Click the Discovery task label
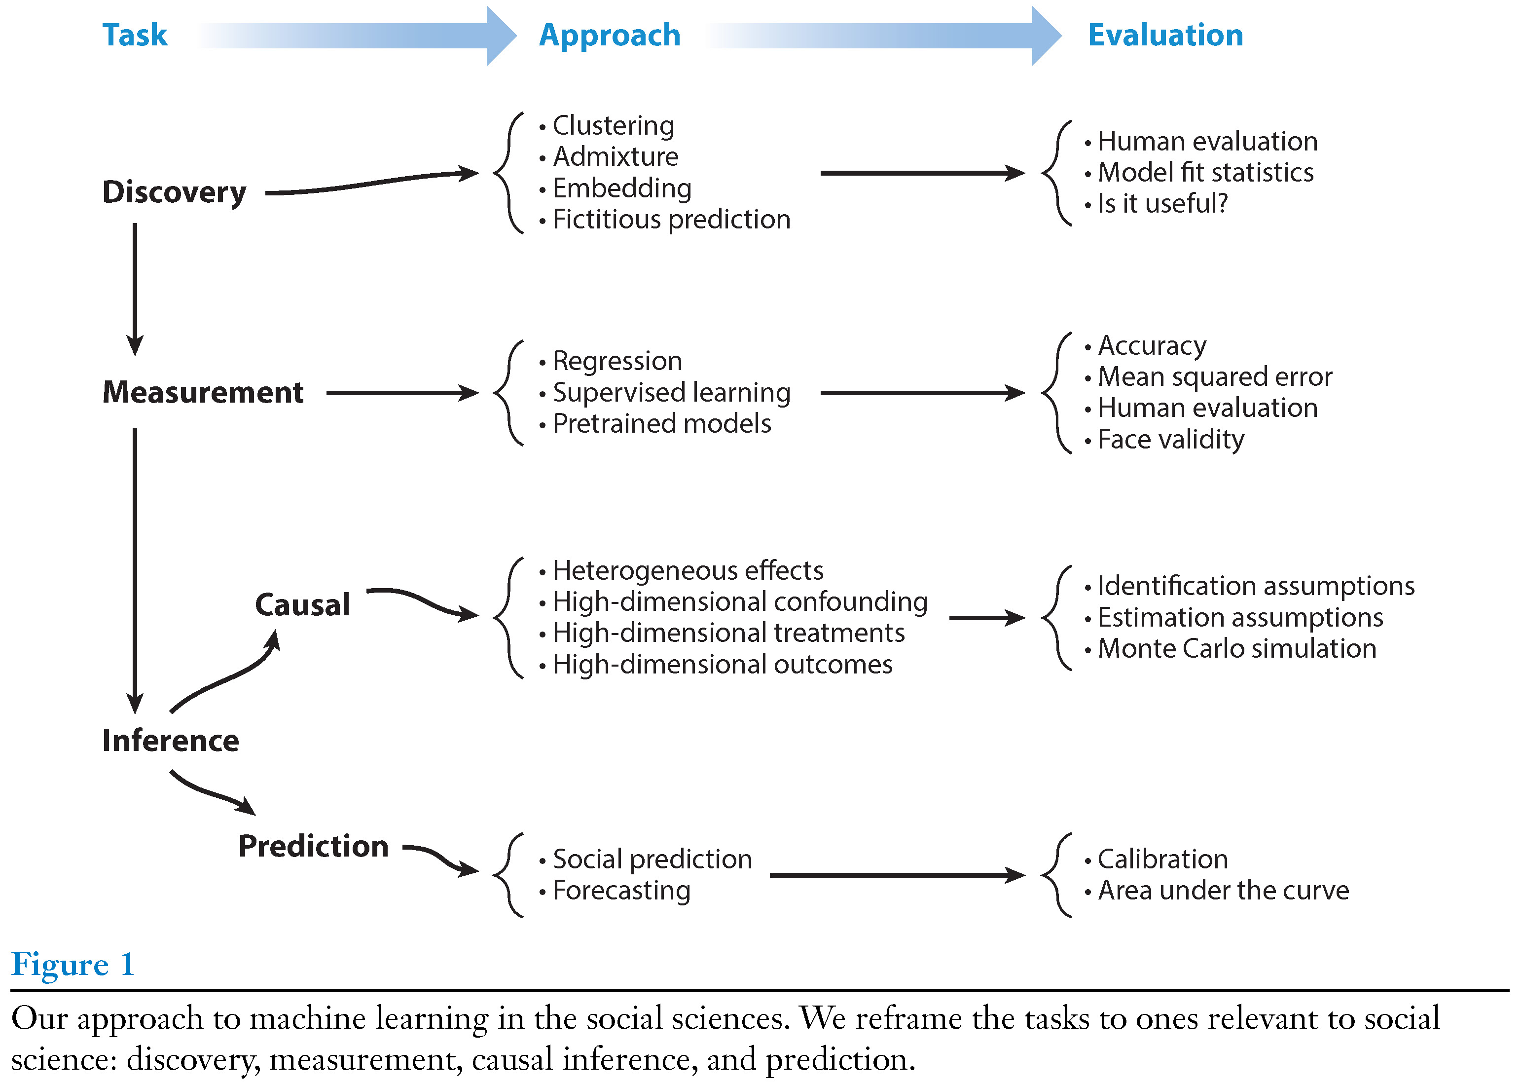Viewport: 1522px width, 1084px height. tap(174, 192)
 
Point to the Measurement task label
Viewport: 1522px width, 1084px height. tap(203, 392)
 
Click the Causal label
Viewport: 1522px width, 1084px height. tap(302, 605)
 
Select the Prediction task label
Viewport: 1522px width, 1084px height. tap(314, 846)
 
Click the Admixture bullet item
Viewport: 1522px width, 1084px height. tap(615, 157)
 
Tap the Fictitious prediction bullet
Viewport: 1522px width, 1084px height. tap(671, 220)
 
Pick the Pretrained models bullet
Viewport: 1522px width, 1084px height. tap(661, 424)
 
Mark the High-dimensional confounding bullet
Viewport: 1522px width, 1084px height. tap(739, 602)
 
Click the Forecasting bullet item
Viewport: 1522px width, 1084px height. tap(621, 891)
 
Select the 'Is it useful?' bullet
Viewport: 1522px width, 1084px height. tap(1161, 204)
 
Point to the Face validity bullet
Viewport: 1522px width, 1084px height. tap(1170, 440)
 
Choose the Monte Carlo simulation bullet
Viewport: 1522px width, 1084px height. tap(1236, 649)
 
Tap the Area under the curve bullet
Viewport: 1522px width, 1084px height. tap(1223, 891)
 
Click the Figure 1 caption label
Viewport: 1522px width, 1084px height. tap(72, 965)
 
